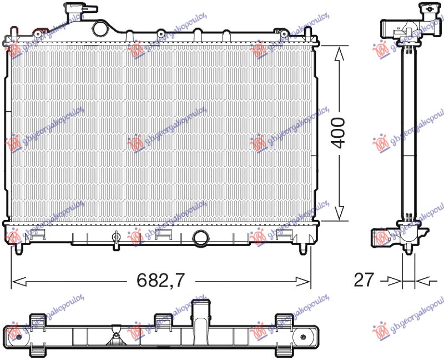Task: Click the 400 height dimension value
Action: pyautogui.click(x=339, y=132)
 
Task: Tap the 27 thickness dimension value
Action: pyautogui.click(x=364, y=279)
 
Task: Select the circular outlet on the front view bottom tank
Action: pyautogui.click(x=200, y=238)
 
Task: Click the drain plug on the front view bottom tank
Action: pyautogui.click(x=116, y=238)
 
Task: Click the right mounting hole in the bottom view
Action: pyautogui.click(x=304, y=336)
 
